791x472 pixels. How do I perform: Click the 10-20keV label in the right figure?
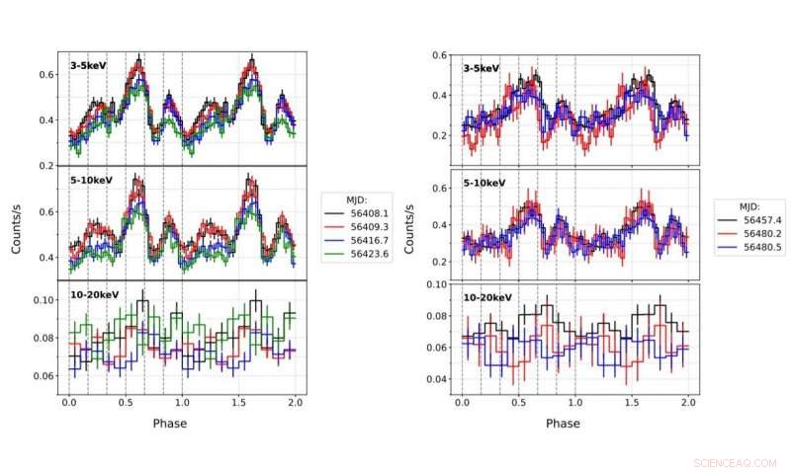pyautogui.click(x=488, y=297)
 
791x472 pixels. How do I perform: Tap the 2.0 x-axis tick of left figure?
pyautogui.click(x=294, y=405)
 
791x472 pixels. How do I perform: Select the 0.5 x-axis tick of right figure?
pyautogui.click(x=518, y=405)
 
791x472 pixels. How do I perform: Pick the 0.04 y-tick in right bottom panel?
pyautogui.click(x=437, y=379)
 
